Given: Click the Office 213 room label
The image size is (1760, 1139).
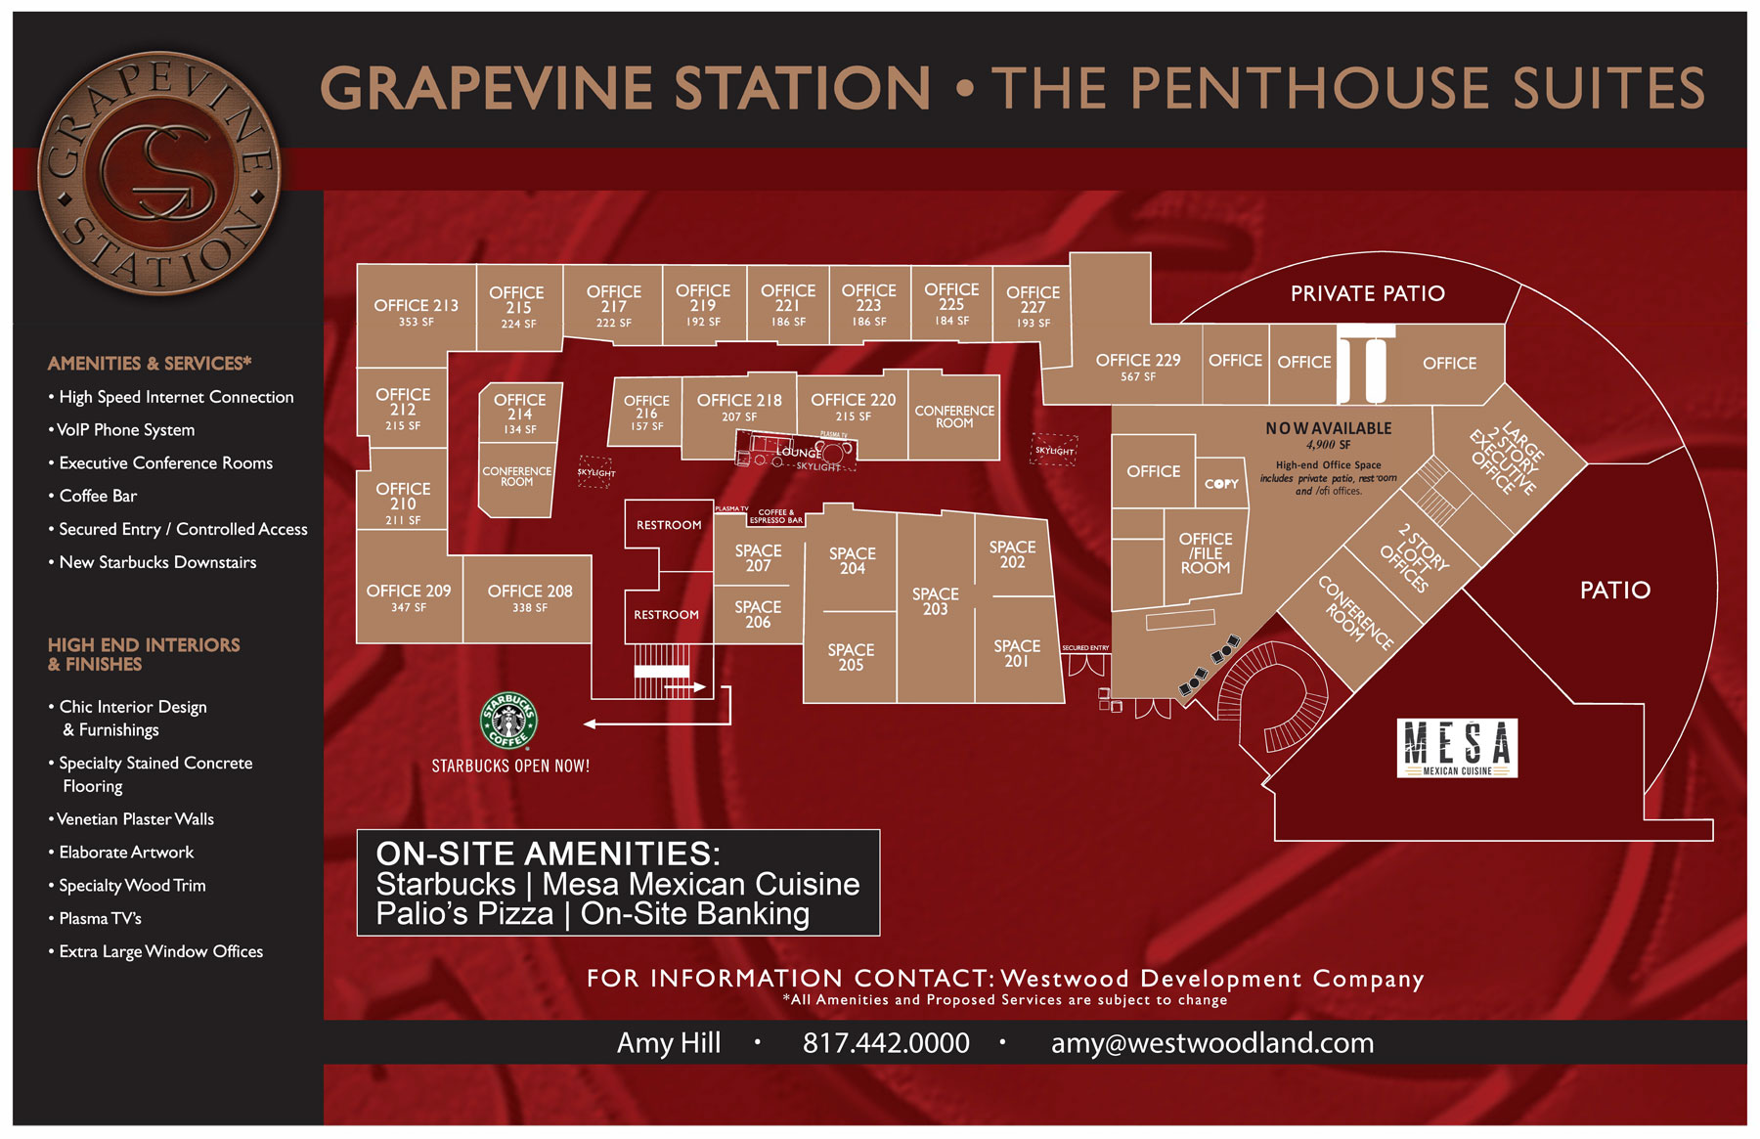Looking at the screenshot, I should tap(416, 311).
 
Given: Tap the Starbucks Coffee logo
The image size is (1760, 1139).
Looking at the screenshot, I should tap(508, 722).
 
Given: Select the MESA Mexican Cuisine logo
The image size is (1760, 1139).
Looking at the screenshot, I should tap(1457, 748).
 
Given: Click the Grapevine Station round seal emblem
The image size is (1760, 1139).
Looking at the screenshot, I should tap(159, 173).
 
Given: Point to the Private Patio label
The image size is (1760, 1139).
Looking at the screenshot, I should tap(1367, 293).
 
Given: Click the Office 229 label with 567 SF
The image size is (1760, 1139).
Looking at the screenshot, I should tap(1137, 366).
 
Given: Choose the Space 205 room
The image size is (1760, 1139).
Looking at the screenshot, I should tap(851, 657).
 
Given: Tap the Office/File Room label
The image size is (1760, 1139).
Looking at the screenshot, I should tap(1205, 553).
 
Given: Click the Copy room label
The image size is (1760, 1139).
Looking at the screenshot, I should tap(1221, 484).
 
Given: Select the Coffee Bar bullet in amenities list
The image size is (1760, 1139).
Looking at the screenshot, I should tap(98, 496).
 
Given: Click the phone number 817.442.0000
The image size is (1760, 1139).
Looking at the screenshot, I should tap(886, 1043).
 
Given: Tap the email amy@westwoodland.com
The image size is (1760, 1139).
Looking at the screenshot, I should tap(1211, 1043).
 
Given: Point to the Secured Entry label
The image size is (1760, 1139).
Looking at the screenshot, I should tap(1085, 648).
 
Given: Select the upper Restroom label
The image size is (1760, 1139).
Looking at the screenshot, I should tap(669, 525).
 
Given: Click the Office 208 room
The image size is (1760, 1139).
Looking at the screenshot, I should tap(529, 597).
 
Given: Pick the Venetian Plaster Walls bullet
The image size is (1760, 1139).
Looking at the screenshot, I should tap(135, 819).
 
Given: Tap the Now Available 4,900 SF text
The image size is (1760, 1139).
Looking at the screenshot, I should tap(1328, 435).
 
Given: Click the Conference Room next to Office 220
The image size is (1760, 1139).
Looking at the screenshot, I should tap(953, 416).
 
